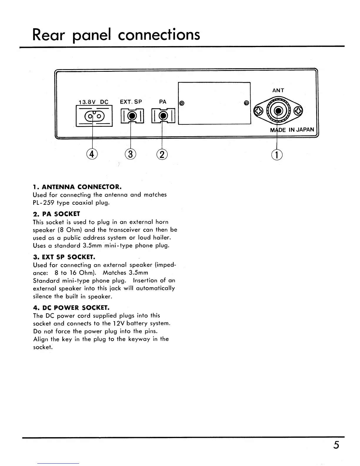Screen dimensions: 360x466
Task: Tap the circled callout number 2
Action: (162, 154)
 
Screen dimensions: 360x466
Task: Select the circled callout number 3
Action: (131, 154)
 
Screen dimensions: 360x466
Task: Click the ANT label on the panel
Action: (278, 91)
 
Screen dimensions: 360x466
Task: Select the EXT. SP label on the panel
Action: (131, 102)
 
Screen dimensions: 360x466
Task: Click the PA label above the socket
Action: (163, 102)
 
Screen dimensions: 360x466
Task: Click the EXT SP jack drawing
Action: (132, 116)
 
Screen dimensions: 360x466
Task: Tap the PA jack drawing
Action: (163, 116)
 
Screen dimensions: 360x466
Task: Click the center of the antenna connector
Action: (277, 111)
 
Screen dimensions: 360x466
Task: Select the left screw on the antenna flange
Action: (258, 111)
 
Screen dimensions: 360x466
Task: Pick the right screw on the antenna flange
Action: (298, 111)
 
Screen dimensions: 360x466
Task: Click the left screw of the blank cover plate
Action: (182, 103)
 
